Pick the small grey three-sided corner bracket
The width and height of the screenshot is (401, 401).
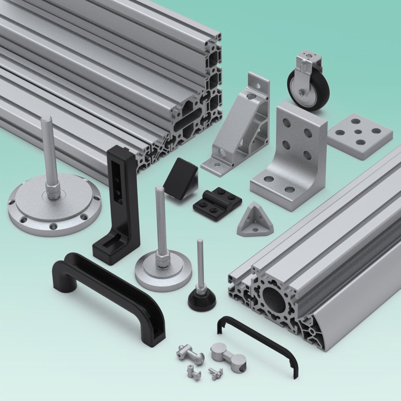point(255,221)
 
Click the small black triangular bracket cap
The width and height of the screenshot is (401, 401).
point(180,178)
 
